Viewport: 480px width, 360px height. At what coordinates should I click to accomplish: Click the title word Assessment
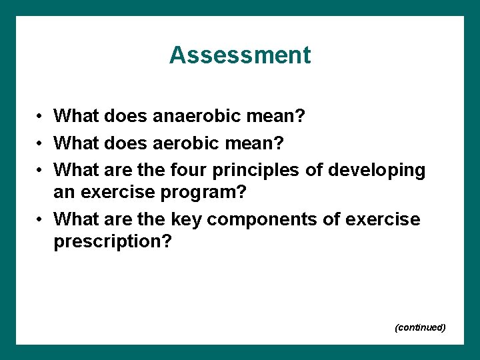tap(240, 55)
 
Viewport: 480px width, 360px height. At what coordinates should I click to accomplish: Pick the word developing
tap(377, 171)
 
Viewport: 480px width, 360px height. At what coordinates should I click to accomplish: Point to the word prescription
tap(112, 242)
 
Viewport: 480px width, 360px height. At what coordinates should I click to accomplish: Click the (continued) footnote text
tap(420, 327)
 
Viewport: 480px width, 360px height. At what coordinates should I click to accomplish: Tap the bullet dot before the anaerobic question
tap(40, 117)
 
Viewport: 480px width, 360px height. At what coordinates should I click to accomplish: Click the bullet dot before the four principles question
tap(40, 171)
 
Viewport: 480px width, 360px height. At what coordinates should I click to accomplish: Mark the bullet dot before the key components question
tap(40, 219)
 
